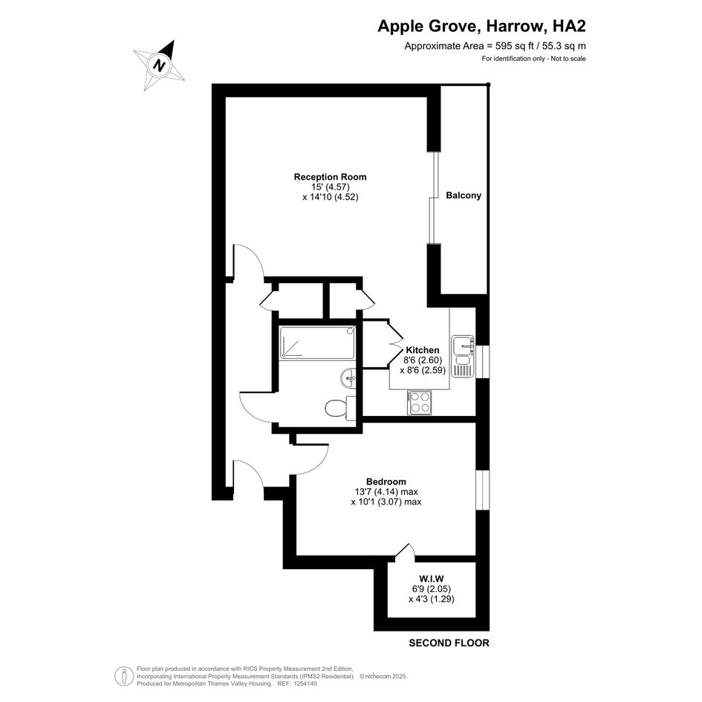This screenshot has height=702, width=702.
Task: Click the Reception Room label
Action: (330, 177)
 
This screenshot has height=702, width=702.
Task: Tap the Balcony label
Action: (464, 195)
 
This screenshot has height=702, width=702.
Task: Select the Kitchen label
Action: (422, 350)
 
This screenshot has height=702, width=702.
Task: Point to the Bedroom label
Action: (386, 481)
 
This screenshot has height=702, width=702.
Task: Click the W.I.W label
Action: (432, 579)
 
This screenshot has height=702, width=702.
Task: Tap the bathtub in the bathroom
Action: (317, 342)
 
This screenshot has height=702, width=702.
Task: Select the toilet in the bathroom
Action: (339, 408)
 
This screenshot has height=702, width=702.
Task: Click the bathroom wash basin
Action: (348, 379)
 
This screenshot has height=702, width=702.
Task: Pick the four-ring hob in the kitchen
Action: (420, 403)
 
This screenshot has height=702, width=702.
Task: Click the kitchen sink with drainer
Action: (463, 357)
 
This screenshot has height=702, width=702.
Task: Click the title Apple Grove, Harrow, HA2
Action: (481, 26)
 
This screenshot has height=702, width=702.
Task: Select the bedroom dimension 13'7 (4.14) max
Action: (386, 492)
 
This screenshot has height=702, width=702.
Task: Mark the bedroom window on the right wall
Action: (482, 490)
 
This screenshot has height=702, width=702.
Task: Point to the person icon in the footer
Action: (123, 676)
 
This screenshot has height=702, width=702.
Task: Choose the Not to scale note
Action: (568, 59)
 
